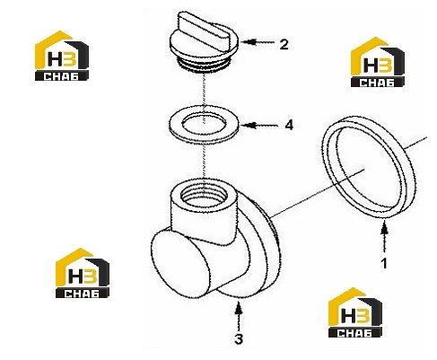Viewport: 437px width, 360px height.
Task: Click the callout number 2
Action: click(284, 44)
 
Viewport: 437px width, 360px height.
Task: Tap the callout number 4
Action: click(289, 125)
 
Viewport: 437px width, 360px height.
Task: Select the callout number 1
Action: click(384, 263)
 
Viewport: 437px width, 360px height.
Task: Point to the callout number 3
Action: click(239, 339)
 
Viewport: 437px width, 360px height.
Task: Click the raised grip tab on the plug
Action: click(205, 31)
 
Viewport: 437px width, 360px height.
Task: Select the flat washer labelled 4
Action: click(205, 124)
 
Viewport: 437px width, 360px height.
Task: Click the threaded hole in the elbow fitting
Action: click(204, 196)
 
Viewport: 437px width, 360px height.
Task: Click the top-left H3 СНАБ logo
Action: click(62, 56)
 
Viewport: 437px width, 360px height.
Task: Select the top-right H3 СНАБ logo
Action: click(378, 62)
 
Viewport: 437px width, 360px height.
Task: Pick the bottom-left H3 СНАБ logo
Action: click(83, 273)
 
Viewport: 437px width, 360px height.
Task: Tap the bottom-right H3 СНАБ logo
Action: click(355, 312)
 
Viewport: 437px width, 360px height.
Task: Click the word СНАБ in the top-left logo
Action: click(61, 76)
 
